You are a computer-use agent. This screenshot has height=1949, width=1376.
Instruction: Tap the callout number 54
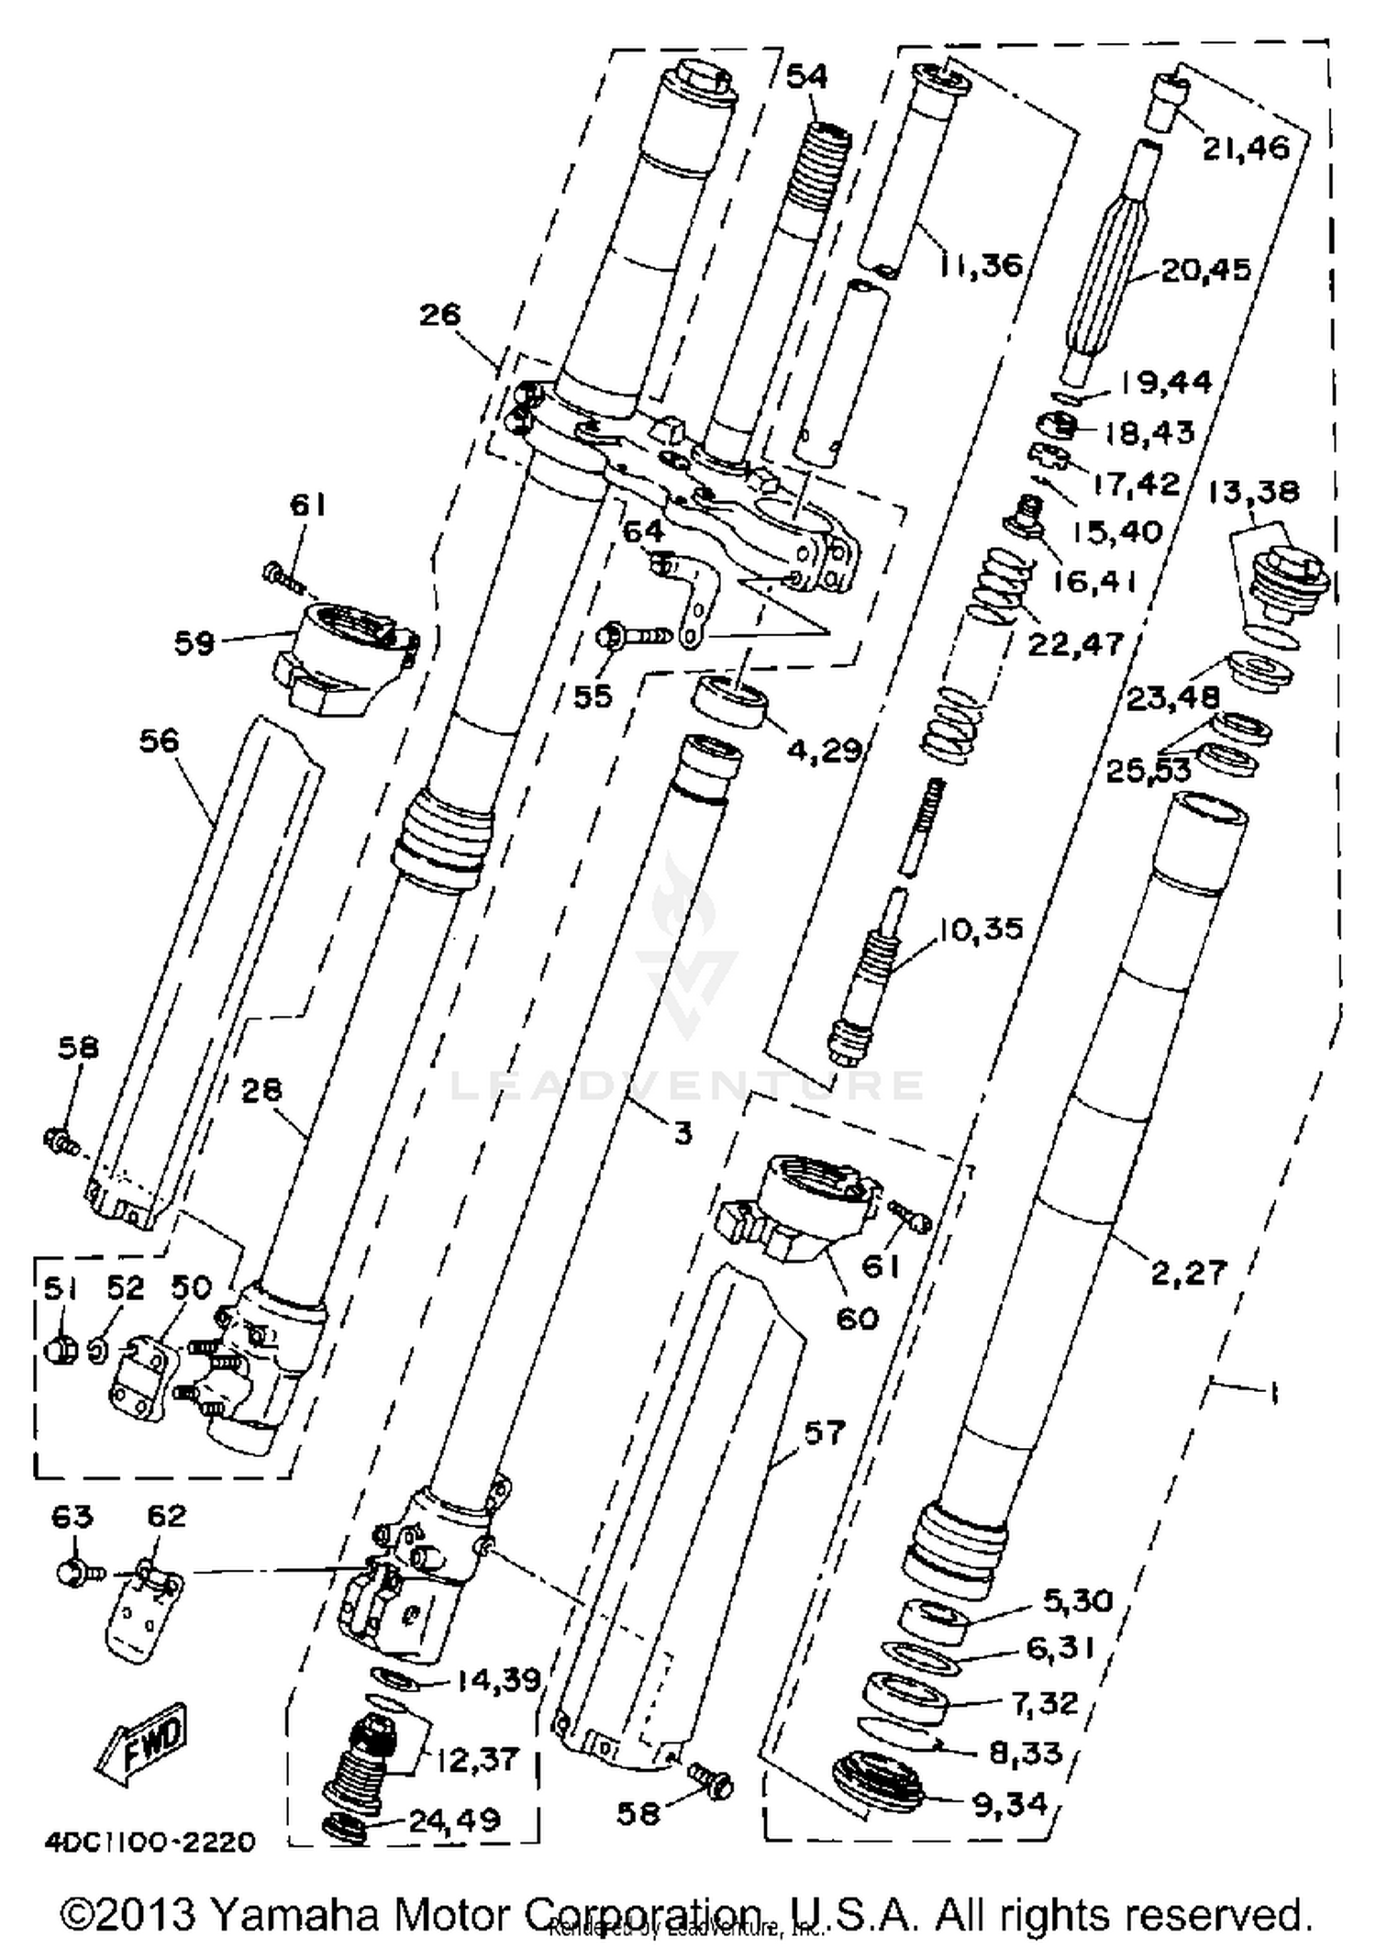(807, 76)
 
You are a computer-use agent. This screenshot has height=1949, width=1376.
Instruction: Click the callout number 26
(439, 315)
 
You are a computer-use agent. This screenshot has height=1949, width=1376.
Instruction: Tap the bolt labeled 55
(633, 635)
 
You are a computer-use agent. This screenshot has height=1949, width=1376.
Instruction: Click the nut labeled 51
(61, 1350)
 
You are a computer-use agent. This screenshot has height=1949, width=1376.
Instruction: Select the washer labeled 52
(97, 1350)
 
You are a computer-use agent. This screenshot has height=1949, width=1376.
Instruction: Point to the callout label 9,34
(1009, 1804)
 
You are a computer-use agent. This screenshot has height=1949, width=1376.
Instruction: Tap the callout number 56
(158, 740)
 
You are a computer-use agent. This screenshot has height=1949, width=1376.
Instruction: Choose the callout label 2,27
(1189, 1272)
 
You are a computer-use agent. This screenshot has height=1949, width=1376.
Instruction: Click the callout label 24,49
(454, 1819)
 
